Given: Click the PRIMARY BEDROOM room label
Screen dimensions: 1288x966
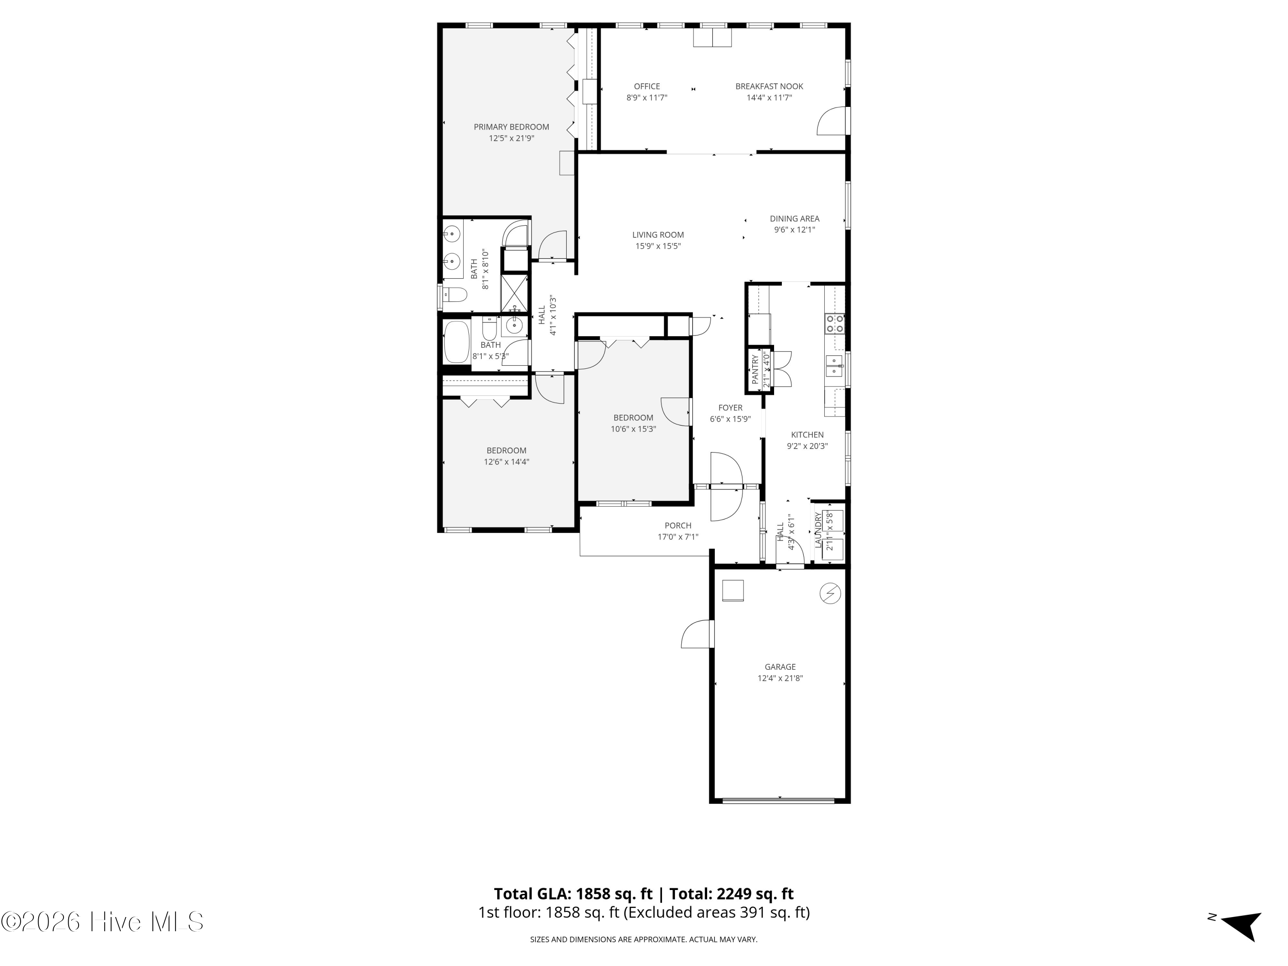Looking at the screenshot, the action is (x=511, y=127).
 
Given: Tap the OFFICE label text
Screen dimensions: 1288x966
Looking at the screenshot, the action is (x=647, y=86).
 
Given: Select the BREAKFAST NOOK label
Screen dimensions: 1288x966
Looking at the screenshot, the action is (x=769, y=86).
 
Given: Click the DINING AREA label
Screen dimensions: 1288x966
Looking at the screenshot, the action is (x=794, y=219).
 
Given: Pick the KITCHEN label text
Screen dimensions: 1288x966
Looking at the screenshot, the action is (x=807, y=434).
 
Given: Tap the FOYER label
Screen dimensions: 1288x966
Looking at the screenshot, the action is (x=730, y=407).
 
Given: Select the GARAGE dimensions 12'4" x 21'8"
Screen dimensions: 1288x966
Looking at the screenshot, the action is (x=780, y=678).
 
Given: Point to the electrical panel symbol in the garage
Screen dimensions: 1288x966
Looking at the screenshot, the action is (x=830, y=593).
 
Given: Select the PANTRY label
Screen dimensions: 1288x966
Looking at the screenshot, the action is (x=755, y=370).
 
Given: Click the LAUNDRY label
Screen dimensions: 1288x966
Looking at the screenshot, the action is (x=818, y=530).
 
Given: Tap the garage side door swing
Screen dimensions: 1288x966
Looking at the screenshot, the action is (x=697, y=634).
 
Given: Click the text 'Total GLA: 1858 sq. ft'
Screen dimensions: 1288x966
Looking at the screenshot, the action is (x=574, y=893).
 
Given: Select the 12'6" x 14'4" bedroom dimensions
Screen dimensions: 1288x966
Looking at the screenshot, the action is (x=507, y=462).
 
